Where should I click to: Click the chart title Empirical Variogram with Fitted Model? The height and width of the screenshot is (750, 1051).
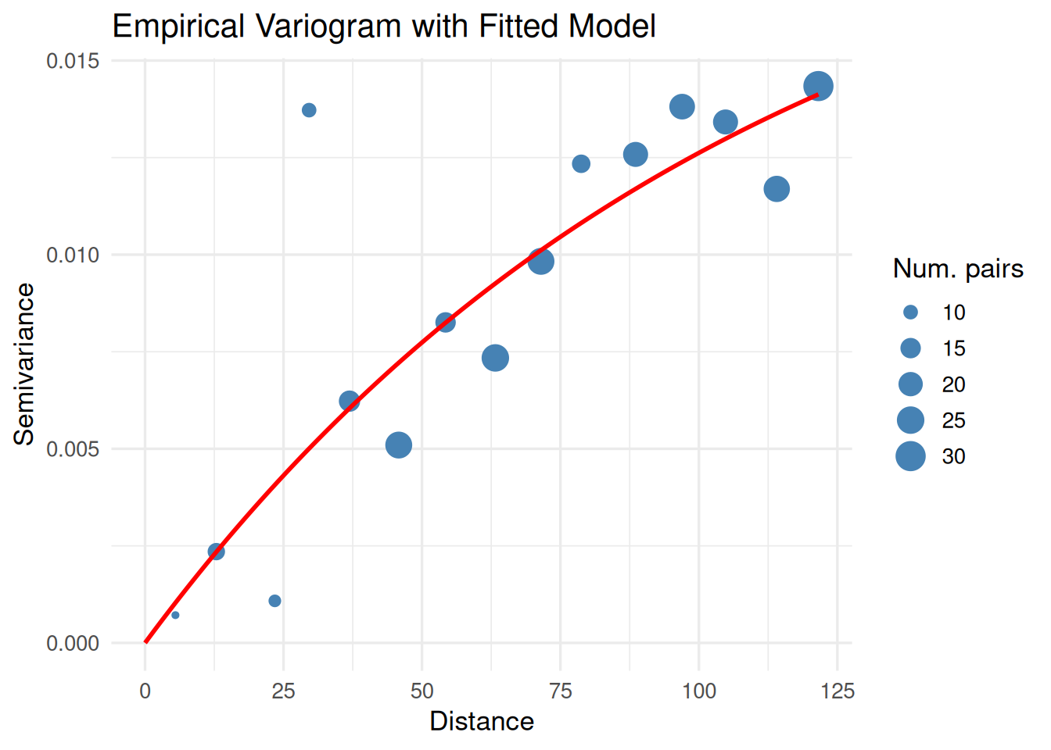pyautogui.click(x=384, y=27)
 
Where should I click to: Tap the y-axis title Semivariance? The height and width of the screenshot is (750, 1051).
pyautogui.click(x=24, y=364)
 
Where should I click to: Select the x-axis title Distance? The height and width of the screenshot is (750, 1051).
pyautogui.click(x=482, y=721)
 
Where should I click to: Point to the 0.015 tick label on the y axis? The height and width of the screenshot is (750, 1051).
pyautogui.click(x=73, y=61)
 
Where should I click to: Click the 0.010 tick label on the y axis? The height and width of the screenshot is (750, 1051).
pyautogui.click(x=73, y=255)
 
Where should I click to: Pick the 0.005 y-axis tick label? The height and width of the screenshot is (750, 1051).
pyautogui.click(x=73, y=449)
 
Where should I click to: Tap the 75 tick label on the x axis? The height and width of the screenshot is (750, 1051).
pyautogui.click(x=561, y=691)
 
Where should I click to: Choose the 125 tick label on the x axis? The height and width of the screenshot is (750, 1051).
pyautogui.click(x=838, y=691)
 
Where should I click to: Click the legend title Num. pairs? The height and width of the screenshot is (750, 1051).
pyautogui.click(x=958, y=269)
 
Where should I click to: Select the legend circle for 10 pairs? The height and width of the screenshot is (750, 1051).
pyautogui.click(x=910, y=312)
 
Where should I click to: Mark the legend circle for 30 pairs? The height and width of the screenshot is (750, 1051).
pyautogui.click(x=910, y=456)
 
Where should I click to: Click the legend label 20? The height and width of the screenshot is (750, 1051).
pyautogui.click(x=953, y=384)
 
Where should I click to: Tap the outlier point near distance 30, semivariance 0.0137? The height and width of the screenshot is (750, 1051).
pyautogui.click(x=309, y=110)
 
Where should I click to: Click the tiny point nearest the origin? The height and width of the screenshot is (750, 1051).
pyautogui.click(x=175, y=616)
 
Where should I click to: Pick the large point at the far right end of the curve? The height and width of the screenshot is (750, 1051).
pyautogui.click(x=818, y=86)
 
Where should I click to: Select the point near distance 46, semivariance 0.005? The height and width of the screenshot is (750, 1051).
pyautogui.click(x=399, y=445)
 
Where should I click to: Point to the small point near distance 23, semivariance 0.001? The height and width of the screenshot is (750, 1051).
pyautogui.click(x=274, y=601)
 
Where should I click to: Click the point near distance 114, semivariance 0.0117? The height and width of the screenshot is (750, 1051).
pyautogui.click(x=777, y=189)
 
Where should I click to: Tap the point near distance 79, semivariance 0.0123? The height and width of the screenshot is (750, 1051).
pyautogui.click(x=581, y=164)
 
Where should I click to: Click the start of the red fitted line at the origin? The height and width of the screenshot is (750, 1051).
pyautogui.click(x=146, y=642)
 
